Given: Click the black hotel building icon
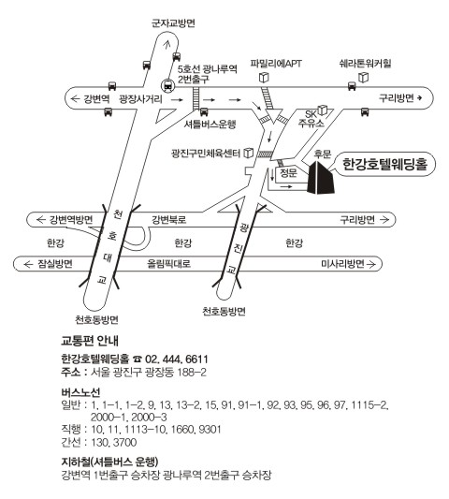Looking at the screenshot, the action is coord(321,178).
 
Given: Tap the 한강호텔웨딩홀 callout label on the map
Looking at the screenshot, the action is coord(384,164).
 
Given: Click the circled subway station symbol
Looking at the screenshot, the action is coord(167,85).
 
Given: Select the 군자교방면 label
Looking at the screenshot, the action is coord(173,23).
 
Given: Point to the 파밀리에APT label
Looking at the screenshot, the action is coord(276,64).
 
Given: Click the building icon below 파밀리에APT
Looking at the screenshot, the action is coord(264,78).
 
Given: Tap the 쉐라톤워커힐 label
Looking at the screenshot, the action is coord(366,64).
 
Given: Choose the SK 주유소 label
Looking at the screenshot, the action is coord(311,118).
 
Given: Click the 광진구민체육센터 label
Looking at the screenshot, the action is coord(206,154).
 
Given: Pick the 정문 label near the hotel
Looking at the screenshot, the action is coord(288,173).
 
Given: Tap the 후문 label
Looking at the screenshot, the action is coord(323,154).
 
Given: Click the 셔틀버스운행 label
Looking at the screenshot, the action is coord(210,125).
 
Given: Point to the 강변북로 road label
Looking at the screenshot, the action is coord(169,220).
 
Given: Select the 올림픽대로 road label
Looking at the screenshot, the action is coord(169,263).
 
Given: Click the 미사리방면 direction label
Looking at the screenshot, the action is coord(342,264).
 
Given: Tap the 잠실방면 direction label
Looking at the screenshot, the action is coord(55,264).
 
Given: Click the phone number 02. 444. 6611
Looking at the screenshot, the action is coord(177,360).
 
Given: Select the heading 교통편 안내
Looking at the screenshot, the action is coord(90,341).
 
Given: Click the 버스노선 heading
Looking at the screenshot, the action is coord(80,392).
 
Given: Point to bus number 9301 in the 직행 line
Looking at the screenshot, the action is coord(210,430).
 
